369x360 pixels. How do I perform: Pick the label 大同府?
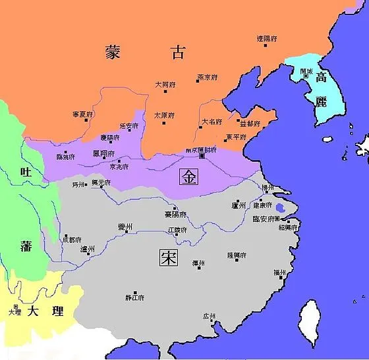(165, 85)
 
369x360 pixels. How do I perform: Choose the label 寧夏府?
(84, 115)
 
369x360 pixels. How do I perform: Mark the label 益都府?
(250, 123)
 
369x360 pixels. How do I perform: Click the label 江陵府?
(177, 230)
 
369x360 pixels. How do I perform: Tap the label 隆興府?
(236, 255)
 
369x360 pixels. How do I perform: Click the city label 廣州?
(210, 317)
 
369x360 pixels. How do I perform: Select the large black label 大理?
(43, 309)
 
